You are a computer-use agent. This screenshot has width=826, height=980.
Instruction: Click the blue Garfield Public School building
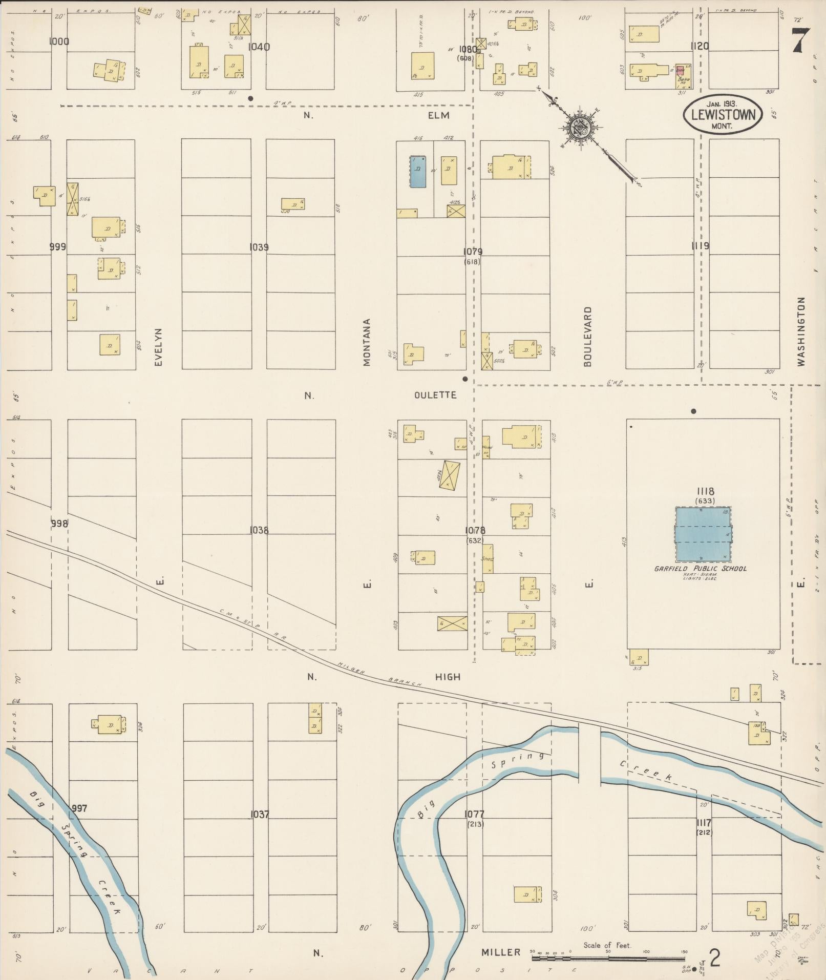click(703, 534)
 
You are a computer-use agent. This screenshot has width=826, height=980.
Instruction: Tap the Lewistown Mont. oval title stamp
click(723, 115)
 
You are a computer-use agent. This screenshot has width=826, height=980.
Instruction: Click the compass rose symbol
click(582, 126)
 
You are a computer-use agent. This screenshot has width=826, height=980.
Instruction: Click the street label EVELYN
click(158, 347)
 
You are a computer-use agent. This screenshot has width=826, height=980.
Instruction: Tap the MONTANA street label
click(367, 342)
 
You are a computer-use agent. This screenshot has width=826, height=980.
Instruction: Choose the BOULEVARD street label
click(587, 336)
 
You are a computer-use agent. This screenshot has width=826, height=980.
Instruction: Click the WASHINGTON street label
click(801, 331)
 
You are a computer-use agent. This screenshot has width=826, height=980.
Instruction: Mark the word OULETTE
click(435, 395)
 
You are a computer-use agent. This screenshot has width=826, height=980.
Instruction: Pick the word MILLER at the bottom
click(500, 952)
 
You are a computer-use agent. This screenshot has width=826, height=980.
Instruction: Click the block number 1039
click(259, 247)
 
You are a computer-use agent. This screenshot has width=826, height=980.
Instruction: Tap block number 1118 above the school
click(705, 492)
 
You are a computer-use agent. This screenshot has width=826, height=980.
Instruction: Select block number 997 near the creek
click(79, 808)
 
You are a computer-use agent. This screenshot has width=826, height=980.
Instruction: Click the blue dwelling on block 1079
click(418, 172)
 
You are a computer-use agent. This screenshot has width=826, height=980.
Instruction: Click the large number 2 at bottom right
click(714, 957)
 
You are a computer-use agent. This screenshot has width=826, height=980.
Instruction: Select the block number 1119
click(700, 246)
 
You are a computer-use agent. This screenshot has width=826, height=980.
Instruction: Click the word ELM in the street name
click(438, 115)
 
